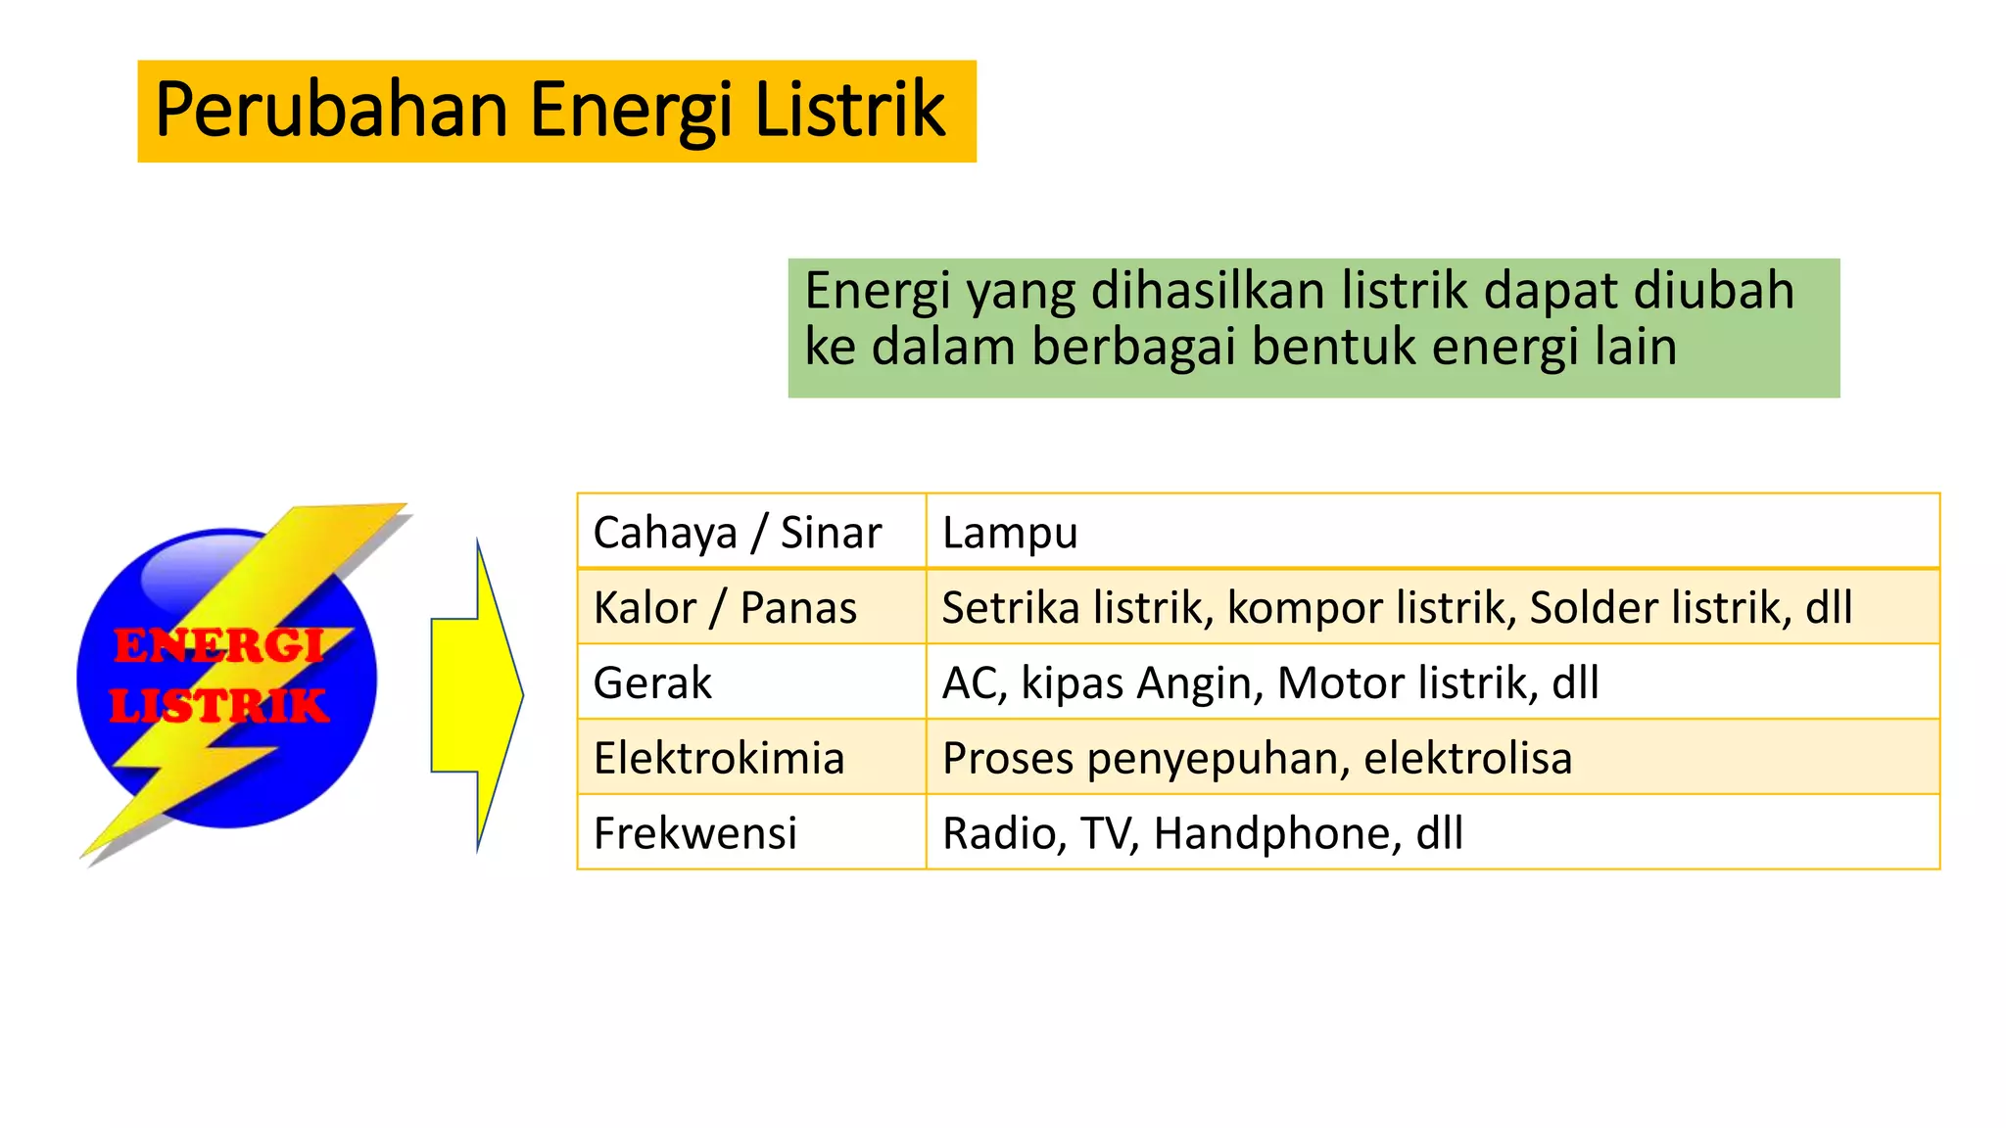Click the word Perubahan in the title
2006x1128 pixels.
tap(331, 111)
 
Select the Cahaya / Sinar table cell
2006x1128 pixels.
tap(737, 533)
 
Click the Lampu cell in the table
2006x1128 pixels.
tap(1010, 533)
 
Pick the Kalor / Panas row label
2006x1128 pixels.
tap(725, 608)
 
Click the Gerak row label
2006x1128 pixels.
tap(652, 682)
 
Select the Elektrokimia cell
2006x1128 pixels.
tap(719, 758)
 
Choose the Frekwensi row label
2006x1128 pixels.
tap(694, 833)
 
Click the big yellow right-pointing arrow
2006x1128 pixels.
tap(477, 694)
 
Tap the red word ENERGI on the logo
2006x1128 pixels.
tap(217, 646)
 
